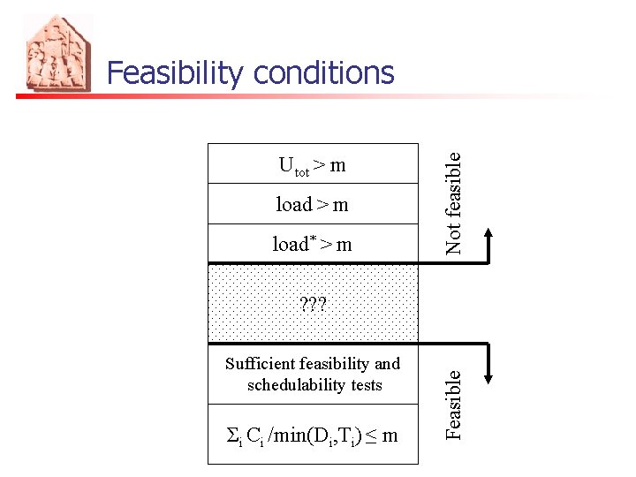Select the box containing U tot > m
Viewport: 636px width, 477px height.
coord(313,163)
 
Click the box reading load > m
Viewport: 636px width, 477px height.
coord(313,204)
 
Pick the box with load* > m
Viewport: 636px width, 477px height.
coord(313,244)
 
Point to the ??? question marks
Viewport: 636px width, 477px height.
coord(313,306)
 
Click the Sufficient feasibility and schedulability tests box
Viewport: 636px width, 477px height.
coord(313,374)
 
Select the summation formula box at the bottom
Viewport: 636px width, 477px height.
coord(313,435)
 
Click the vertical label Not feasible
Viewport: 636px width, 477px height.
coord(453,202)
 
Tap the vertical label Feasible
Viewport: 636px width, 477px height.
coord(453,403)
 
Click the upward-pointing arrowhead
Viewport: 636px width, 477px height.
coord(491,233)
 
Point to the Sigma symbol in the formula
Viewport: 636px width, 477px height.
coord(233,434)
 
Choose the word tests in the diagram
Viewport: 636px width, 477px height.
coord(366,385)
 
